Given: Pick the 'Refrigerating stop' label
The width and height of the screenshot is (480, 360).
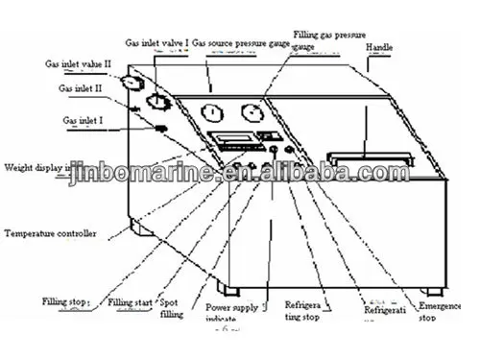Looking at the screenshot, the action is coord(301,313).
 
